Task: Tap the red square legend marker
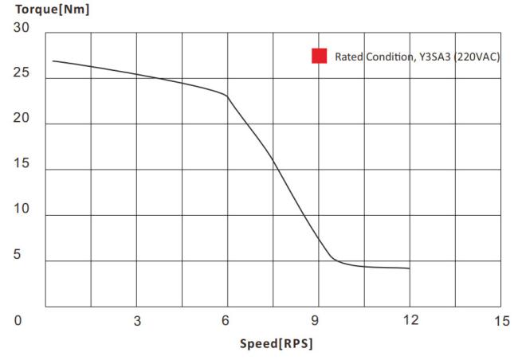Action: coord(320,56)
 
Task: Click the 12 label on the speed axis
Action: coord(410,321)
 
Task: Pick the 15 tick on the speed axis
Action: coord(501,321)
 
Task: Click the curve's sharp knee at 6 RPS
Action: coord(227,96)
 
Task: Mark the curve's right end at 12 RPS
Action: coord(410,268)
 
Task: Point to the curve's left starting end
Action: coord(53,61)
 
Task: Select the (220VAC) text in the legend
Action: coord(477,57)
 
